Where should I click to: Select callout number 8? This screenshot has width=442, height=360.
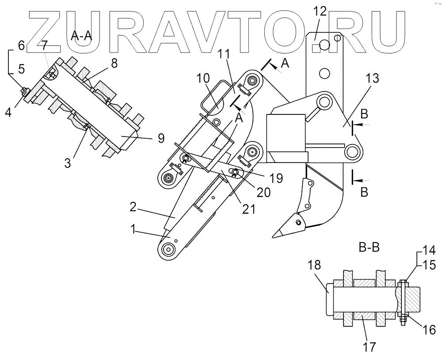114,63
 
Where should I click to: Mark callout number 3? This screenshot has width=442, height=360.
67,163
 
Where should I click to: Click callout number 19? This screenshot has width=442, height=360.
276,178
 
